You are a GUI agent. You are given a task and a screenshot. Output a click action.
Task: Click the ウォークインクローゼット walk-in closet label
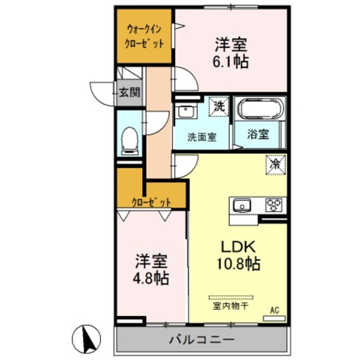145,35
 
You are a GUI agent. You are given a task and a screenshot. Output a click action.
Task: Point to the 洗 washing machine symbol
217,105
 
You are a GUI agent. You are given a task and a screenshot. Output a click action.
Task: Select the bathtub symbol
259,109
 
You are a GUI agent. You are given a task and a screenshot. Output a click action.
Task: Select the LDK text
237,246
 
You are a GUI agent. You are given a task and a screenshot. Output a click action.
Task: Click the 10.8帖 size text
238,263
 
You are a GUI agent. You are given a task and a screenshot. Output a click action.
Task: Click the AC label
275,310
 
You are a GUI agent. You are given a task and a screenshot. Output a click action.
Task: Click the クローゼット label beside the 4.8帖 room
150,201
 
